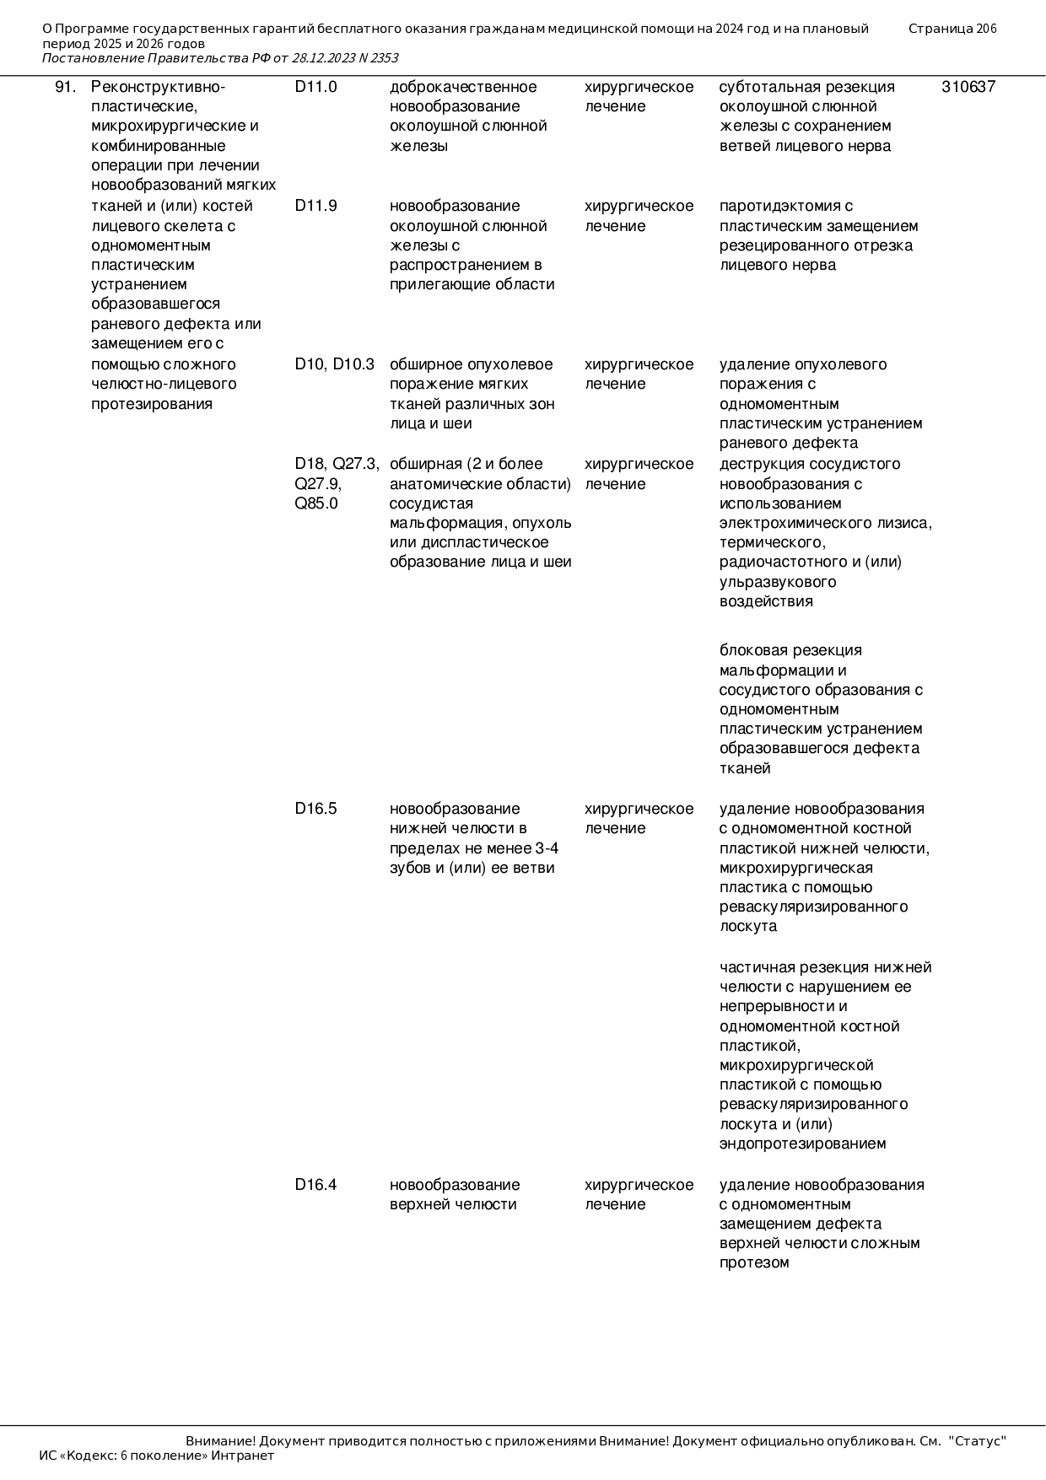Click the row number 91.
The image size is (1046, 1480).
point(66,87)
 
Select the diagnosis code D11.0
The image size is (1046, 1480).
point(315,87)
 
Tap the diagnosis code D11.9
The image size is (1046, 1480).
point(315,206)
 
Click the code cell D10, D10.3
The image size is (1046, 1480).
point(334,364)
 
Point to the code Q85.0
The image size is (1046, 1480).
point(316,503)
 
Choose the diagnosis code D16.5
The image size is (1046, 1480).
point(315,809)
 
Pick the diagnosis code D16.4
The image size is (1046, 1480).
point(315,1185)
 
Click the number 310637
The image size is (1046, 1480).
point(968,87)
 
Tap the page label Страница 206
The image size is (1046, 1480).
point(952,29)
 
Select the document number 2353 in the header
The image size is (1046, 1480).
point(384,58)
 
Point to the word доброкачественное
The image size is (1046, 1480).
point(463,87)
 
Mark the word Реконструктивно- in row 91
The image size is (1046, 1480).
point(158,87)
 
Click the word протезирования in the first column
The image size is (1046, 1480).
point(152,403)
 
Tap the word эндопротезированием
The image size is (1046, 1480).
point(802,1144)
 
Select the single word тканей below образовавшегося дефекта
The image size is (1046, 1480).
point(745,768)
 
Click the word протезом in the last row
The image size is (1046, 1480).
point(754,1262)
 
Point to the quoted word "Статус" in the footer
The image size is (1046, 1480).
point(978,1440)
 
